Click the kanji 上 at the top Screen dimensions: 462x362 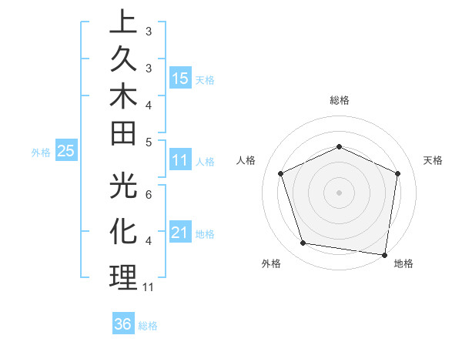pyautogui.click(x=123, y=24)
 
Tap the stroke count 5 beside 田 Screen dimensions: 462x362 pyautogui.click(x=149, y=142)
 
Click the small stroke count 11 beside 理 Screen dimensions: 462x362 pyautogui.click(x=149, y=287)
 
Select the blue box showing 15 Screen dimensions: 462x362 pyautogui.click(x=180, y=78)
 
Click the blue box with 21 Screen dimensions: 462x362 pyautogui.click(x=180, y=232)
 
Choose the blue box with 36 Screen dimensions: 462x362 pyautogui.click(x=123, y=324)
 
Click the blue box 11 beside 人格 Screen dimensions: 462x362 pyautogui.click(x=180, y=160)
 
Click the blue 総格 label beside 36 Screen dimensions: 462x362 pyautogui.click(x=148, y=325)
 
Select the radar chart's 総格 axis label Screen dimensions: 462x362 pyautogui.click(x=339, y=100)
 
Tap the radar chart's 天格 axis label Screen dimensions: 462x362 pyautogui.click(x=434, y=160)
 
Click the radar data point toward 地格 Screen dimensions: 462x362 pyautogui.click(x=384, y=254)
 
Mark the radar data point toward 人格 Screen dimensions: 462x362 pyautogui.click(x=281, y=173)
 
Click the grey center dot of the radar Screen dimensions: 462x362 pyautogui.click(x=339, y=192)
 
